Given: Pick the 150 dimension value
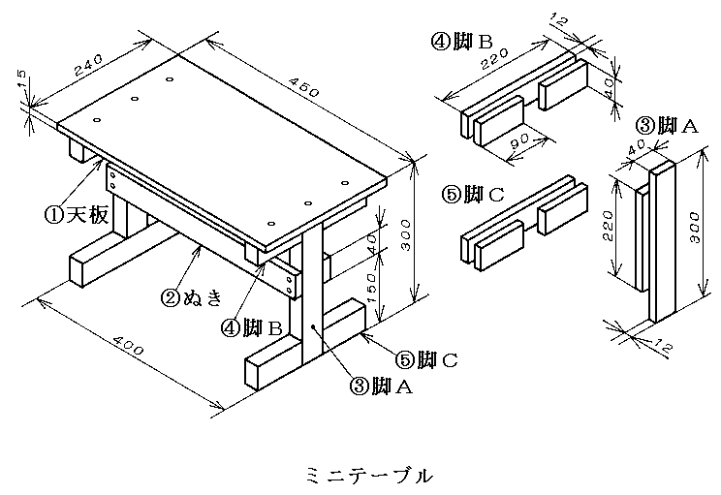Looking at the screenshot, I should click(x=387, y=284).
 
